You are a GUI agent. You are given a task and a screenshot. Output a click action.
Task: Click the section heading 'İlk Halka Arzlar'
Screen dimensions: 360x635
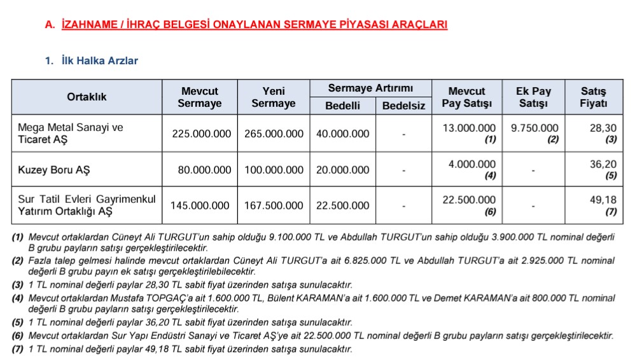coord(100,61)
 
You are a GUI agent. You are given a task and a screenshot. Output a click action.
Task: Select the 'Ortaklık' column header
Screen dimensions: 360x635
coord(87,97)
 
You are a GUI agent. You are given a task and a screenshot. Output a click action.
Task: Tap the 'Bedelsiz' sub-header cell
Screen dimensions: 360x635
coord(403,106)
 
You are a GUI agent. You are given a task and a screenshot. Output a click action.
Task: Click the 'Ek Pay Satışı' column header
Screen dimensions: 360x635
coord(533,97)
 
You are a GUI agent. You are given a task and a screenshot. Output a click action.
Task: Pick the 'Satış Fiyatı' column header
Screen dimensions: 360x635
coord(594,97)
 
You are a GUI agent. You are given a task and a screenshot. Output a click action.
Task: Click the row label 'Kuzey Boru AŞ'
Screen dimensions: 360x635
coord(49,170)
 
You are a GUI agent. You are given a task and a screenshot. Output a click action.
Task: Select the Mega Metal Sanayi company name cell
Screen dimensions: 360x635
coord(71,133)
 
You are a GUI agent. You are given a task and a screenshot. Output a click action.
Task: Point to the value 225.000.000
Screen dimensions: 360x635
coord(201,134)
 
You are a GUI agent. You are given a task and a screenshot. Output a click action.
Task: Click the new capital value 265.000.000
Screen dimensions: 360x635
coord(274,134)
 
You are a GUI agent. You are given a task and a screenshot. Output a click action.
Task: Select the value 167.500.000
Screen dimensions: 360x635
coord(274,205)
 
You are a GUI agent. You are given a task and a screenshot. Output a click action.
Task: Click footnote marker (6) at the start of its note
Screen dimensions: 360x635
coord(18,335)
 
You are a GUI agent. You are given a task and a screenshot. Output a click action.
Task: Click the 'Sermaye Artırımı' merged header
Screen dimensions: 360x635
coord(370,88)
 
